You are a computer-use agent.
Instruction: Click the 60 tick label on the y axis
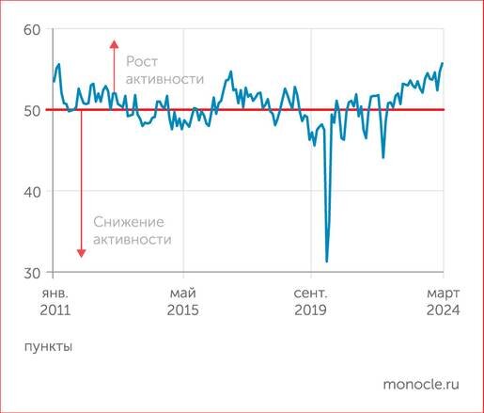point(31,30)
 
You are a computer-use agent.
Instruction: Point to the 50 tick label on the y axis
point(31,111)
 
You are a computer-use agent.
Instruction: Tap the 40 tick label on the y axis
point(31,192)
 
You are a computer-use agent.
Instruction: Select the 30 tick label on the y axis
point(31,273)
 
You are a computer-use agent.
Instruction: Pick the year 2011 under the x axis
point(55,310)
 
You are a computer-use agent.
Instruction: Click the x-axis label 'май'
point(183,292)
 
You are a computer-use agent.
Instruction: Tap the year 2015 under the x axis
point(183,310)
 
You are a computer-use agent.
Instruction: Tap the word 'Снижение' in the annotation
point(129,221)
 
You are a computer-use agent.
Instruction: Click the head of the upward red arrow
point(113,43)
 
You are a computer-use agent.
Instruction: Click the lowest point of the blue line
point(326,262)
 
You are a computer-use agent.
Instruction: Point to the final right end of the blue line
point(443,63)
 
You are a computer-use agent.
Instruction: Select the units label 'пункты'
point(47,345)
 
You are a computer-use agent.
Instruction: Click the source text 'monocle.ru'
point(422,385)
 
